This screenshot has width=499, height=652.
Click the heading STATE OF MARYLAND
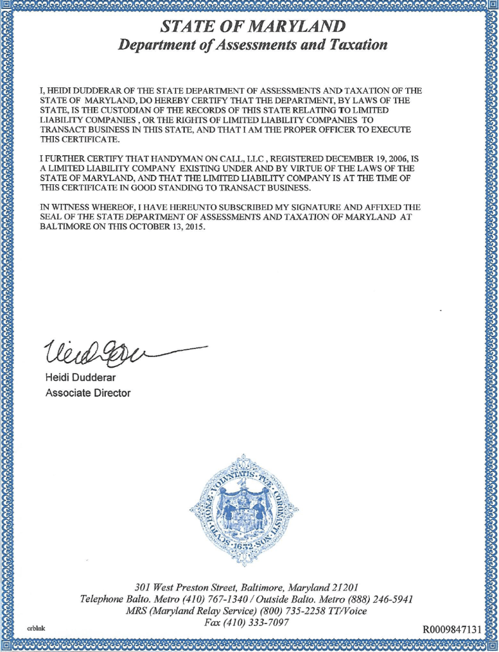point(253,27)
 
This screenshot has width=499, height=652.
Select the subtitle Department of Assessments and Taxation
point(253,45)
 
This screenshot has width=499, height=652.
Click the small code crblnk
point(34,627)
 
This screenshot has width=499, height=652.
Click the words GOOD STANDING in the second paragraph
point(161,187)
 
